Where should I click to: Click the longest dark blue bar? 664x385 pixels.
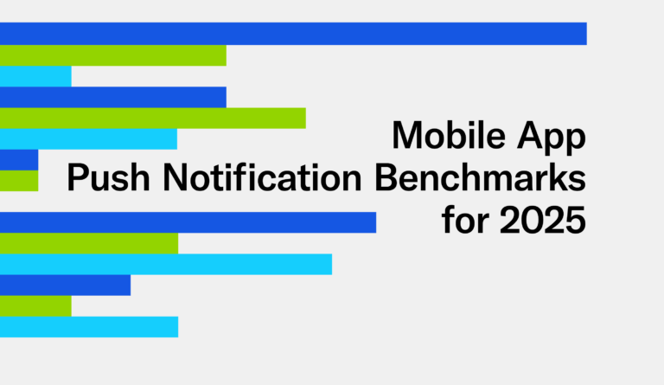[293, 34]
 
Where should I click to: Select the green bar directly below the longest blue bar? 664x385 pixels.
[112, 55]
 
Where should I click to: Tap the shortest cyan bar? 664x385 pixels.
[35, 76]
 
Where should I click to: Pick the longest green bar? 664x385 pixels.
[152, 118]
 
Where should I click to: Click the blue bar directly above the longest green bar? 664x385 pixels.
[112, 97]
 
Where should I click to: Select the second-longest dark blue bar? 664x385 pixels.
[188, 222]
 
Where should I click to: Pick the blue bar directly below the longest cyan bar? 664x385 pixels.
[65, 285]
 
